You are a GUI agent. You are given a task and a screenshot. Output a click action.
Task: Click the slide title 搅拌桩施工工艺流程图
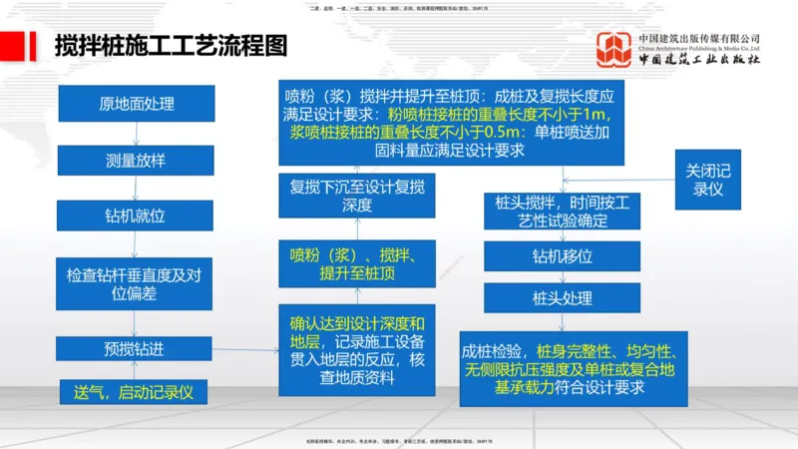pyautogui.click(x=170, y=46)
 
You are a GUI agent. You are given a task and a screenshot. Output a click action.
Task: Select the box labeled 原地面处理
pyautogui.click(x=136, y=104)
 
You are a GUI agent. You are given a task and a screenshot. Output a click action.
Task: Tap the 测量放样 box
pyautogui.click(x=136, y=160)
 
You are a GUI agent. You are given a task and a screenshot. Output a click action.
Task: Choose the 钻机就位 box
pyautogui.click(x=136, y=215)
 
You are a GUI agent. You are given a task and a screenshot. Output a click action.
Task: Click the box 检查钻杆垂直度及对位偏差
pyautogui.click(x=136, y=283)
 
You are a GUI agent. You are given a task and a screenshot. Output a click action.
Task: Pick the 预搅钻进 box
pyautogui.click(x=136, y=349)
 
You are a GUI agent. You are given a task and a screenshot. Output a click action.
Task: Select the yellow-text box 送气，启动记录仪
pyautogui.click(x=136, y=392)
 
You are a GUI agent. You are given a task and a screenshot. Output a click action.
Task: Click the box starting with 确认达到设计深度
pyautogui.click(x=356, y=350)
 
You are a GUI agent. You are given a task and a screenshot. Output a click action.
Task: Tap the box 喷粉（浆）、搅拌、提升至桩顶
pyautogui.click(x=356, y=261)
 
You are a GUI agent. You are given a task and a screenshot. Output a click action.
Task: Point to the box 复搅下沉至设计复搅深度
pyautogui.click(x=356, y=196)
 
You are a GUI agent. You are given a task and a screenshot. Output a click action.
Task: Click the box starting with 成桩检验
pyautogui.click(x=573, y=370)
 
